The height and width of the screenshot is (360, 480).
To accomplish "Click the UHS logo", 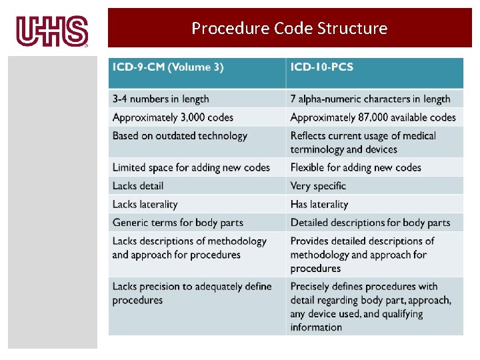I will pyautogui.click(x=52, y=31).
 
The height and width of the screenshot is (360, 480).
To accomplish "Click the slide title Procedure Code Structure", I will pyautogui.click(x=289, y=28).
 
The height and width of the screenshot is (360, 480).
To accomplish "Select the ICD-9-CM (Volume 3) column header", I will pyautogui.click(x=168, y=67).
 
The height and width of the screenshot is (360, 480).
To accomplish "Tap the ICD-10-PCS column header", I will pyautogui.click(x=322, y=67).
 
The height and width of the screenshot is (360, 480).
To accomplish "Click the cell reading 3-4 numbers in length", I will pyautogui.click(x=161, y=99).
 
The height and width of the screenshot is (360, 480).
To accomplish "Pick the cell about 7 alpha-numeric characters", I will pyautogui.click(x=370, y=99).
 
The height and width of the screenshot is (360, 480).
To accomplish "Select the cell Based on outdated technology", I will pyautogui.click(x=180, y=136).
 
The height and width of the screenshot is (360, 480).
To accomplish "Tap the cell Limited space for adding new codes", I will pyautogui.click(x=191, y=167).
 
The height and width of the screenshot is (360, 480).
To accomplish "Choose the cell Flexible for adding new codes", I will pyautogui.click(x=356, y=167).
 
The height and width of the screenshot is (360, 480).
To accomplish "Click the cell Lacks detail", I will pyautogui.click(x=138, y=186).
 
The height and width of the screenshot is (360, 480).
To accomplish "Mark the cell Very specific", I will pyautogui.click(x=318, y=186).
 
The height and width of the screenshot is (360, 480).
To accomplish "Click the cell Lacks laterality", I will pyautogui.click(x=145, y=205).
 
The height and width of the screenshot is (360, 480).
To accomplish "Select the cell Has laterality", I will pyautogui.click(x=319, y=205).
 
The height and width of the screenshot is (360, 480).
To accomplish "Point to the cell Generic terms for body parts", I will pyautogui.click(x=178, y=223).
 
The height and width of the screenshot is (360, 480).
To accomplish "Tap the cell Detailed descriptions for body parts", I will pyautogui.click(x=370, y=223).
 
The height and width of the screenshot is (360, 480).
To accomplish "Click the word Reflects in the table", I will pyautogui.click(x=309, y=136).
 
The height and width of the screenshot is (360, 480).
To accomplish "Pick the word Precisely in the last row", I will pyautogui.click(x=311, y=287).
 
